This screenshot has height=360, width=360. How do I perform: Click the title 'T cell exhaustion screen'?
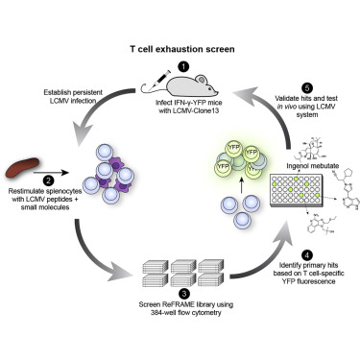[x=182, y=49]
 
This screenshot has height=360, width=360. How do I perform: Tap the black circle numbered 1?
[x=183, y=67]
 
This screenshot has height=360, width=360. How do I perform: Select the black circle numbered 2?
[x=48, y=180]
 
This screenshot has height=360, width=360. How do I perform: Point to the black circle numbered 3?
[x=185, y=293]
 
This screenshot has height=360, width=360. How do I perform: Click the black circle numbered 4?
[x=307, y=255]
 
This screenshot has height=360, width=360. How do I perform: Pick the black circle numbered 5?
[x=307, y=87]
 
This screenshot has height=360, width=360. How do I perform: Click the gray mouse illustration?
[x=185, y=85]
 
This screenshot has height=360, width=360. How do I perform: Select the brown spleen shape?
[x=22, y=167]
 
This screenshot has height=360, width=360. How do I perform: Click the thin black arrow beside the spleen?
[x=51, y=173]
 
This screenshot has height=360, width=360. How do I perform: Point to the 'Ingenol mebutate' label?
[x=313, y=166]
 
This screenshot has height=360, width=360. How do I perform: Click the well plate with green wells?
[x=296, y=190]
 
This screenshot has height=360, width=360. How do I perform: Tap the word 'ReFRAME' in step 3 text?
[x=177, y=304]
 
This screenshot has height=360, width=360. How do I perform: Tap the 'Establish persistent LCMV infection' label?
[x=73, y=97]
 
